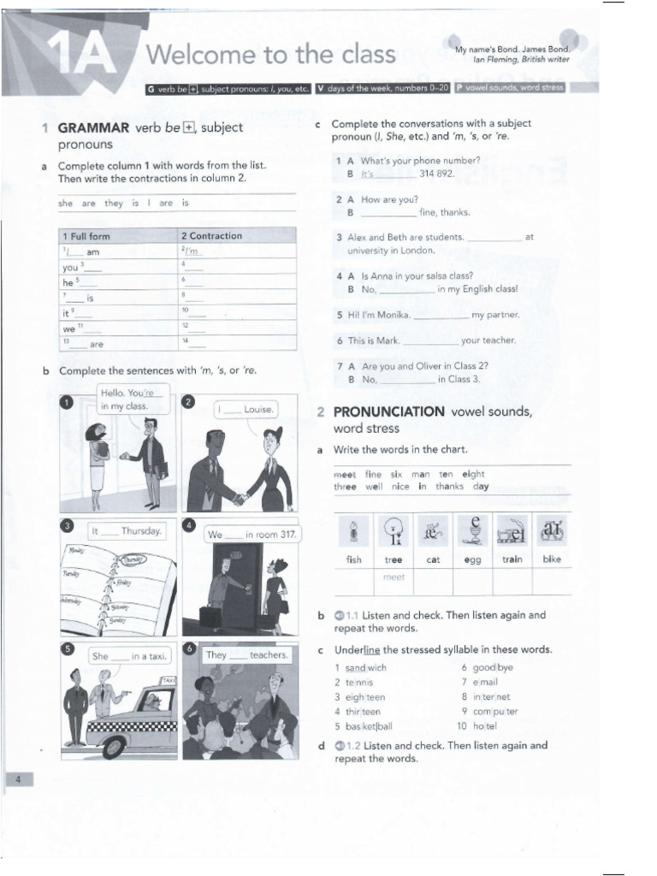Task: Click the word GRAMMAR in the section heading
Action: [93, 128]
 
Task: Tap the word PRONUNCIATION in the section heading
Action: [388, 411]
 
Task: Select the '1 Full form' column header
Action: [86, 236]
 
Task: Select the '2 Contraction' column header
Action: [211, 235]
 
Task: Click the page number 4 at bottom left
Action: [17, 778]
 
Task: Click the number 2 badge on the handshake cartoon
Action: [189, 403]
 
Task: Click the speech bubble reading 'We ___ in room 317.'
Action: [252, 535]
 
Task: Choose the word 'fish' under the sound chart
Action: [353, 559]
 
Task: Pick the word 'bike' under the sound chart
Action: [552, 559]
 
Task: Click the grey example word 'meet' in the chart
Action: [394, 577]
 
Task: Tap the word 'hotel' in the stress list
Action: [485, 726]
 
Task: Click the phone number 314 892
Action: [437, 174]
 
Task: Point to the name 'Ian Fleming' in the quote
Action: [498, 60]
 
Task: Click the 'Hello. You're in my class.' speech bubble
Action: [125, 400]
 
